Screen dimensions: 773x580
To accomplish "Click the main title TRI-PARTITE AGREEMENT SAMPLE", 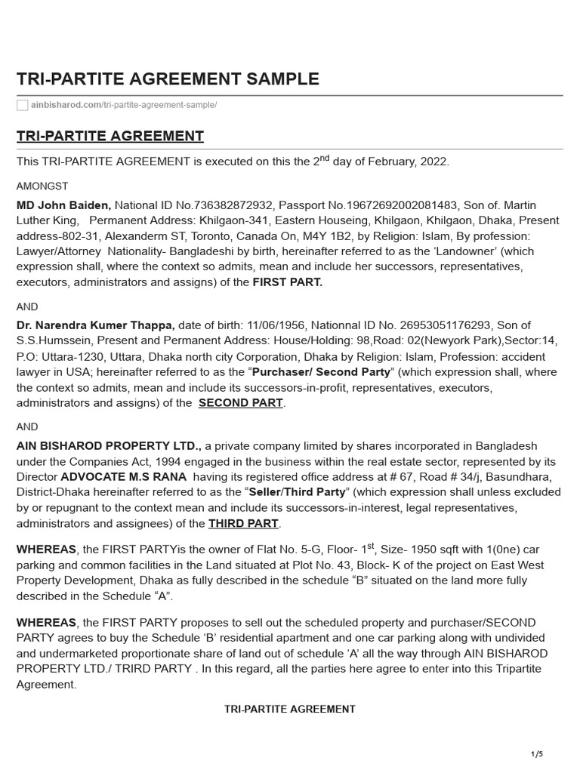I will coord(168,79).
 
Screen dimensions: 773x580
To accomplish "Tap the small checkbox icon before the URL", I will coord(22,105).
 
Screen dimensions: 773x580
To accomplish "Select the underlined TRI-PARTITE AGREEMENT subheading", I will coord(110,136).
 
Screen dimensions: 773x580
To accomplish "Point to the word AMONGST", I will coord(40,185).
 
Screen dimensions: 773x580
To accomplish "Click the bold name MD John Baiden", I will coord(63,205).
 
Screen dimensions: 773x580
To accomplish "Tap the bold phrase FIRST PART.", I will coord(287,282).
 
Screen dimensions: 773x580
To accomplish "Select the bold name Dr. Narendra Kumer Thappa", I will coord(96,325).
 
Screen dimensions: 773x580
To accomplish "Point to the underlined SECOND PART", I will coord(240,402).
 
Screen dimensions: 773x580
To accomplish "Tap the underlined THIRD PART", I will coord(243,523).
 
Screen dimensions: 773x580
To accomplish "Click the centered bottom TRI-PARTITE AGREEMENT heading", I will coord(290,709).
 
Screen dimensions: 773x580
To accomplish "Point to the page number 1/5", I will coord(537,754).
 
